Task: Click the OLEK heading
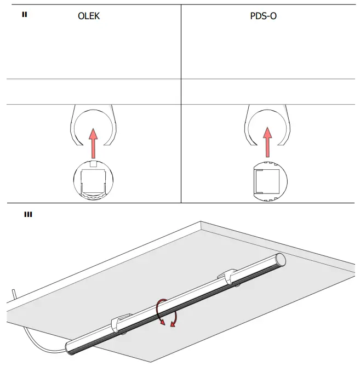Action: [x=89, y=16]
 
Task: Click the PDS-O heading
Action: [x=264, y=16]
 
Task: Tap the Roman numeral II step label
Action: [x=24, y=14]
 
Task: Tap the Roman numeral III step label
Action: [x=27, y=214]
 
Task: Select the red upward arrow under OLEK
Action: [x=93, y=143]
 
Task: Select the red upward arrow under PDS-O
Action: [x=267, y=143]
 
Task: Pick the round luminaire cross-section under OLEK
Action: [x=93, y=180]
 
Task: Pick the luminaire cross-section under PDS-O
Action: [x=267, y=181]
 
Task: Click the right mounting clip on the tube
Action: [x=233, y=276]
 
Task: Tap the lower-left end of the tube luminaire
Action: [x=71, y=347]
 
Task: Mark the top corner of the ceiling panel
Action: [x=201, y=222]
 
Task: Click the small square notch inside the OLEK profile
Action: [x=93, y=164]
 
